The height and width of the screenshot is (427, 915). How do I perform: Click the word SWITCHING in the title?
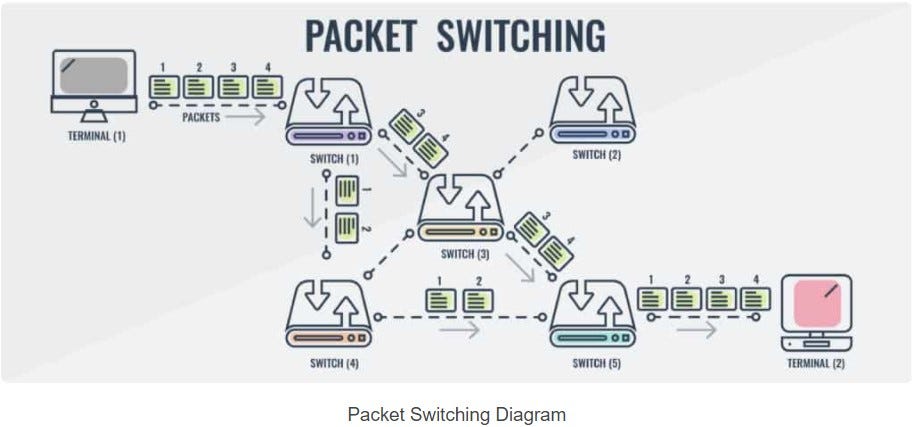pos(520,34)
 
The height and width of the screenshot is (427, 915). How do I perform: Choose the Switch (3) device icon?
pos(457,207)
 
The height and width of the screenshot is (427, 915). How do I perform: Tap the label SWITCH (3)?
pos(457,254)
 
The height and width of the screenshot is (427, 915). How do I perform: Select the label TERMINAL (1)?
pos(96,136)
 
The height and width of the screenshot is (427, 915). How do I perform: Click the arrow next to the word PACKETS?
pos(244,118)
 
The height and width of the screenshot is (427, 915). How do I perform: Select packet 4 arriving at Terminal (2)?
pos(755,298)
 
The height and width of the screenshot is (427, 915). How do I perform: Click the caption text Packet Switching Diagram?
pos(456,413)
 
